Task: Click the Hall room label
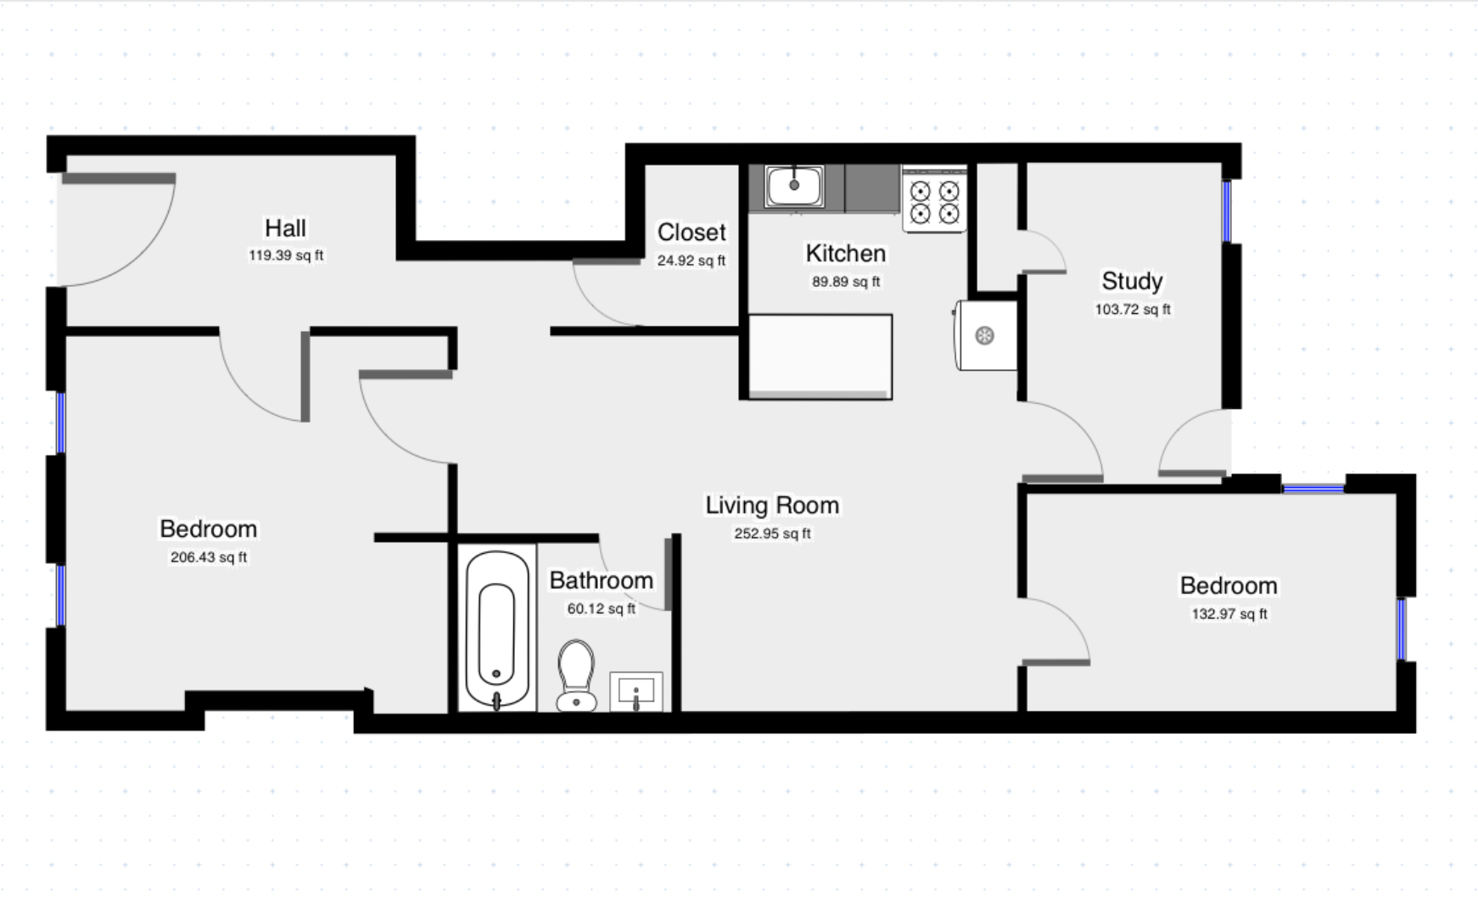tap(285, 228)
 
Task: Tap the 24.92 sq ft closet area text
tap(691, 260)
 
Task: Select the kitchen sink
tap(794, 186)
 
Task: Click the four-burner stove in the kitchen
tap(934, 200)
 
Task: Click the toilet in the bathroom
tap(576, 674)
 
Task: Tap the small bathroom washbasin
tap(636, 691)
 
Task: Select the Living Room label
tap(772, 506)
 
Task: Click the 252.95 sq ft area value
tap(772, 534)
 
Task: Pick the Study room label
tap(1132, 281)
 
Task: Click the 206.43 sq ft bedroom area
tap(209, 557)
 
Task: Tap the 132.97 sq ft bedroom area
tap(1229, 613)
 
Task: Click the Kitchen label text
tap(845, 254)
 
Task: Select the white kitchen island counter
tap(820, 355)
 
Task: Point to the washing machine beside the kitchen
tap(986, 336)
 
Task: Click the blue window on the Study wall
tap(1226, 211)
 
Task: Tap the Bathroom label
tap(601, 580)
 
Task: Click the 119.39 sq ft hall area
tap(285, 255)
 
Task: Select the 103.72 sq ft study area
tap(1132, 310)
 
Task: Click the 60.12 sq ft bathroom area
tap(601, 608)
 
